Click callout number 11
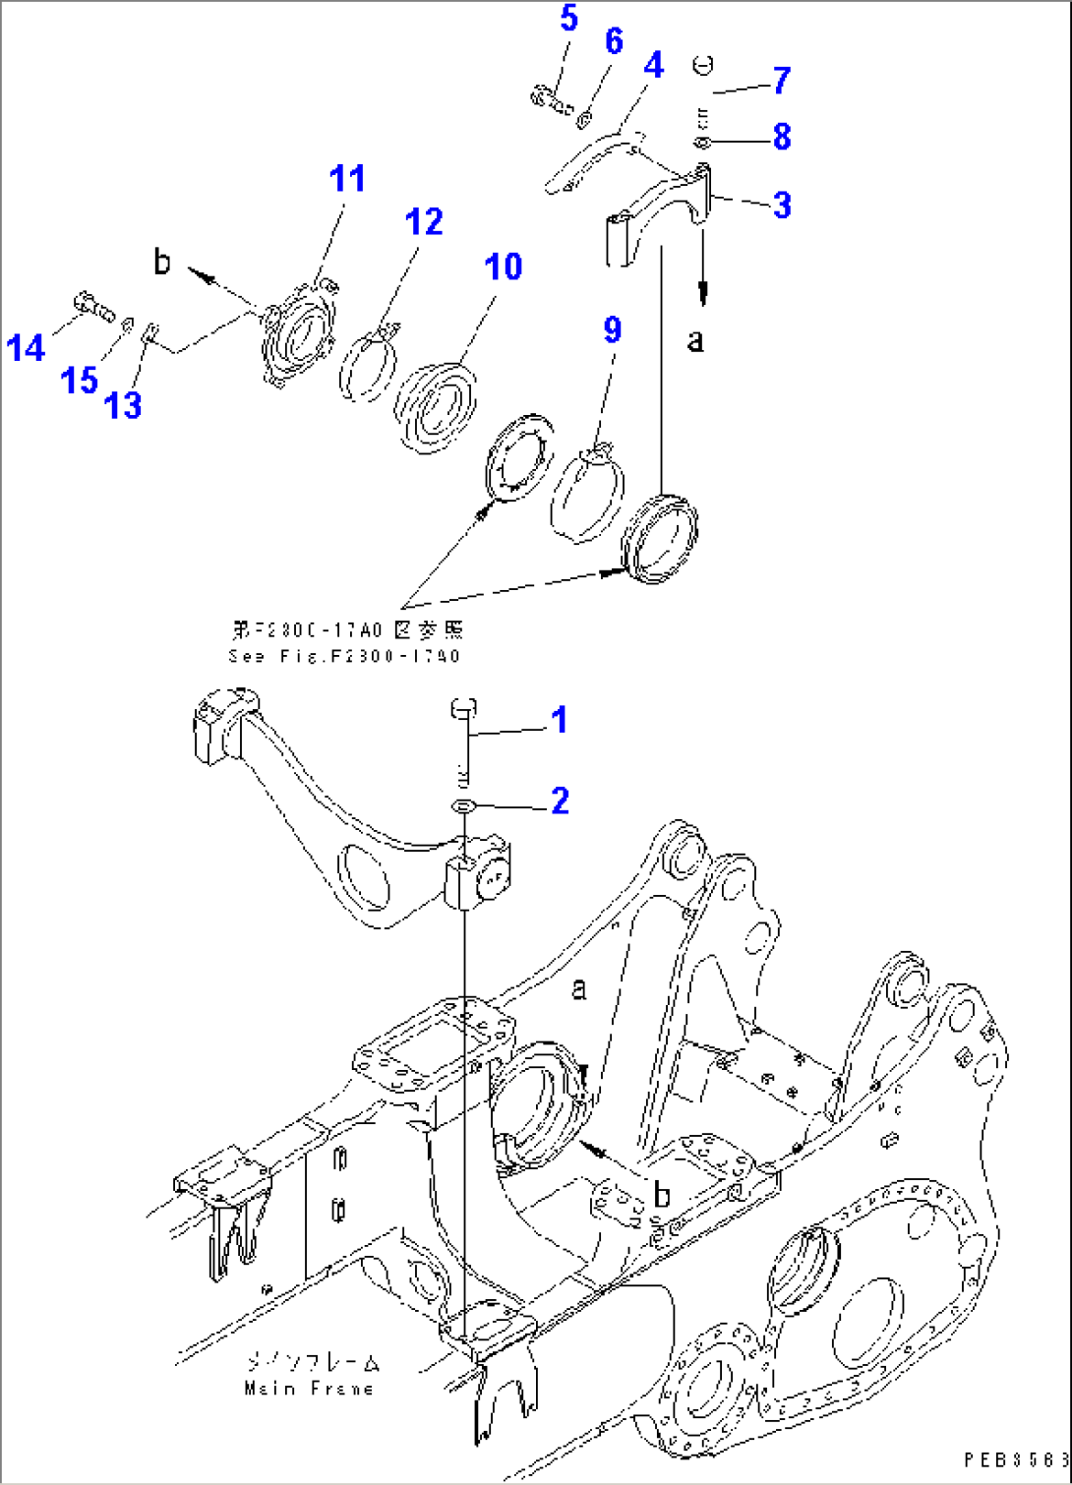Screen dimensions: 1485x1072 (347, 179)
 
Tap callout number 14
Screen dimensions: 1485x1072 (26, 347)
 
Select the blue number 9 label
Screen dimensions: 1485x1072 (612, 329)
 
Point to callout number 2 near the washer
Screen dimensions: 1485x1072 (560, 801)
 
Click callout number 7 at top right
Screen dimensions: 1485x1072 (781, 80)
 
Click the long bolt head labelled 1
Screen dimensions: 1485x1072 (464, 707)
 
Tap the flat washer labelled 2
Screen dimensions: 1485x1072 (463, 806)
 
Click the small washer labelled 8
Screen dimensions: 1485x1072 (701, 144)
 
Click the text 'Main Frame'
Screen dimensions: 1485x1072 (309, 1388)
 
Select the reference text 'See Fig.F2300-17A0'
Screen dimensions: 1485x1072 (344, 656)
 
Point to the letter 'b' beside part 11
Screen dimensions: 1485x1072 (162, 262)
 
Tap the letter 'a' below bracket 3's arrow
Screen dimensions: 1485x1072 (695, 341)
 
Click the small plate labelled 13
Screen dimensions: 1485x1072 (149, 332)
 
